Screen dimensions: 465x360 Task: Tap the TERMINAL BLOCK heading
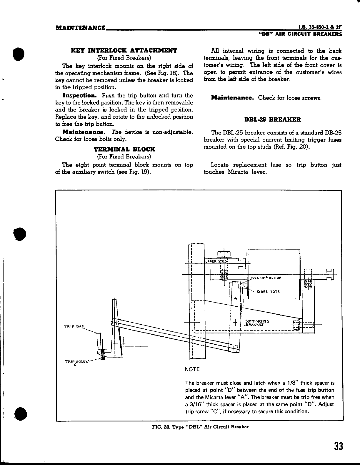[124, 149]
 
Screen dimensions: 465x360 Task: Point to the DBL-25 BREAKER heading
[273, 119]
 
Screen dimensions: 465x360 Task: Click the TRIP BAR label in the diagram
[74, 326]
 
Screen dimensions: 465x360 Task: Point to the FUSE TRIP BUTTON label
[266, 278]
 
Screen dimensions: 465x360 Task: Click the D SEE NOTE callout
[268, 292]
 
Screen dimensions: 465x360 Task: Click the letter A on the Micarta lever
[235, 298]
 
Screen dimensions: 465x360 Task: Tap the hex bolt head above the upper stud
[224, 254]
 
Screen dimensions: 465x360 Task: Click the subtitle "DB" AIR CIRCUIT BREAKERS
[300, 34]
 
